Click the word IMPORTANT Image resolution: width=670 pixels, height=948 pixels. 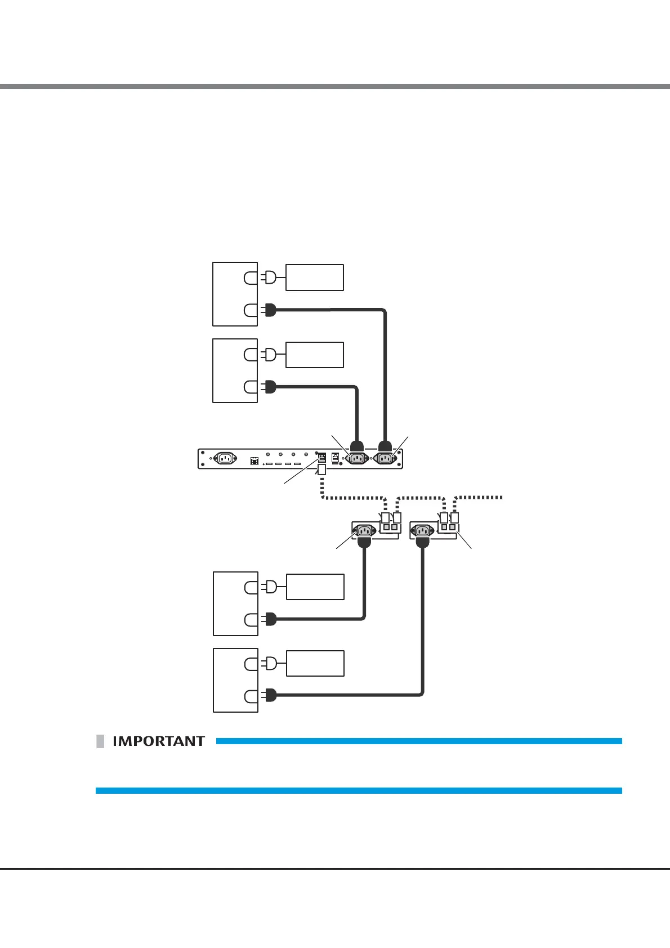pyautogui.click(x=159, y=741)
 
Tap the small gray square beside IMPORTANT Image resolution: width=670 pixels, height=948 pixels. pyautogui.click(x=100, y=741)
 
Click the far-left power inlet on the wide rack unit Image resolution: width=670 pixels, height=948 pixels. pyautogui.click(x=225, y=458)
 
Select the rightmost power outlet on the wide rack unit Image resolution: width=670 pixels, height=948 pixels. pyautogui.click(x=386, y=458)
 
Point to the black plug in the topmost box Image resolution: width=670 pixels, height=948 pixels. pyautogui.click(x=269, y=310)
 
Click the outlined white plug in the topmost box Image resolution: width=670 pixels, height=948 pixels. pyautogui.click(x=270, y=278)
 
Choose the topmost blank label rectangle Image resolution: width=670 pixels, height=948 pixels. pyautogui.click(x=314, y=278)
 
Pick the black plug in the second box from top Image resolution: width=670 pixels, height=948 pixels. pyautogui.click(x=269, y=387)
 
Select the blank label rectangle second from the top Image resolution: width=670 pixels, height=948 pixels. pyautogui.click(x=314, y=355)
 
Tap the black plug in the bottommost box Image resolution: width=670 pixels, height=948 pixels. pyautogui.click(x=270, y=696)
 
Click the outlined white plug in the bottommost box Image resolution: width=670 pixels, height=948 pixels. pyautogui.click(x=270, y=664)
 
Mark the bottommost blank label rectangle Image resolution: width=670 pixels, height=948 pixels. pyautogui.click(x=315, y=664)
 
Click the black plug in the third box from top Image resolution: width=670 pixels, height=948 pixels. pyautogui.click(x=270, y=620)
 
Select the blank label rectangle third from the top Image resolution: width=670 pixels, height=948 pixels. pyautogui.click(x=315, y=587)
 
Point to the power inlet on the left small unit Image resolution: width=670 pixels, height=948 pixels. pyautogui.click(x=364, y=530)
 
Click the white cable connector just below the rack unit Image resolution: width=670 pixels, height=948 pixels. pyautogui.click(x=322, y=469)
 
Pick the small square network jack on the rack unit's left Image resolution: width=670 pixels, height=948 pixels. pyautogui.click(x=254, y=461)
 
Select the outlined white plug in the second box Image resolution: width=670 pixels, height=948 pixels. pyautogui.click(x=270, y=355)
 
